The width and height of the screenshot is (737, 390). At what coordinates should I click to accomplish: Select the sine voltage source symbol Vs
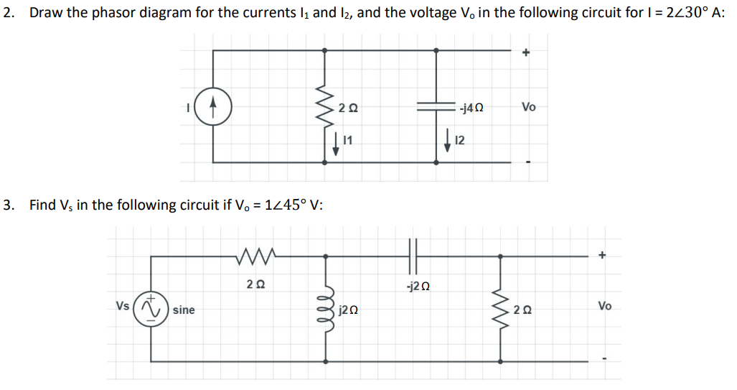pos(151,309)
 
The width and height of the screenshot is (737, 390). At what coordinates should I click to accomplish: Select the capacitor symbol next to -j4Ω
pos(436,106)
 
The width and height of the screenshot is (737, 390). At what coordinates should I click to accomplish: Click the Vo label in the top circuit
pos(528,107)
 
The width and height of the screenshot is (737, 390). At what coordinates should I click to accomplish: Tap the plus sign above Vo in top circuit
pos(526,52)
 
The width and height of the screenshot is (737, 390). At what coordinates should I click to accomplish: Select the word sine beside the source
pos(183,310)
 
